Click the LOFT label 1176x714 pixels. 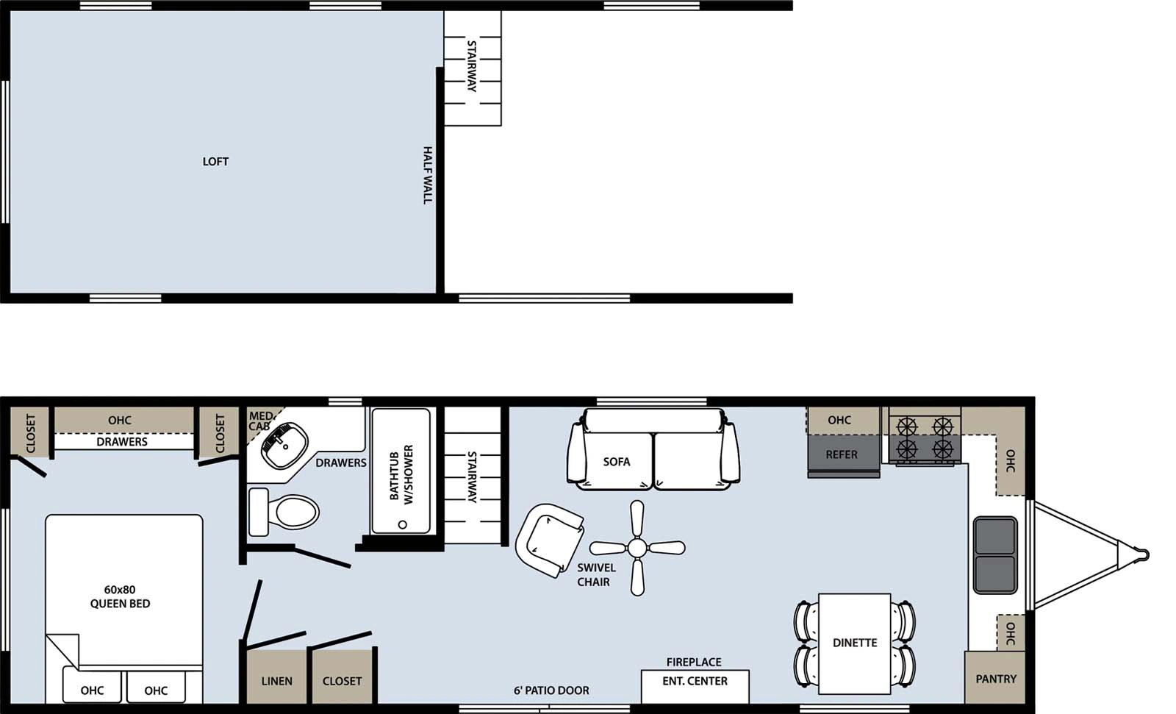point(215,161)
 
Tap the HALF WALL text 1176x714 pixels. point(427,175)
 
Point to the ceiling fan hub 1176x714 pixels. point(637,548)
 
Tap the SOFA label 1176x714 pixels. point(616,462)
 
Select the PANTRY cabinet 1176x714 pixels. point(995,678)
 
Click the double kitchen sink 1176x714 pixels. point(995,555)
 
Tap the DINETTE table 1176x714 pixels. point(854,642)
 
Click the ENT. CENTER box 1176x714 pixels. point(695,682)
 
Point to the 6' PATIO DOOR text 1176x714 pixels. point(551,690)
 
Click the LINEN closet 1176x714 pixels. point(276,681)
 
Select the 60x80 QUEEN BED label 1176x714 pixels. point(120,596)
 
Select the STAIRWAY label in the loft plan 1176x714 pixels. point(472,66)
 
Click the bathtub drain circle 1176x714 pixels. point(402,524)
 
